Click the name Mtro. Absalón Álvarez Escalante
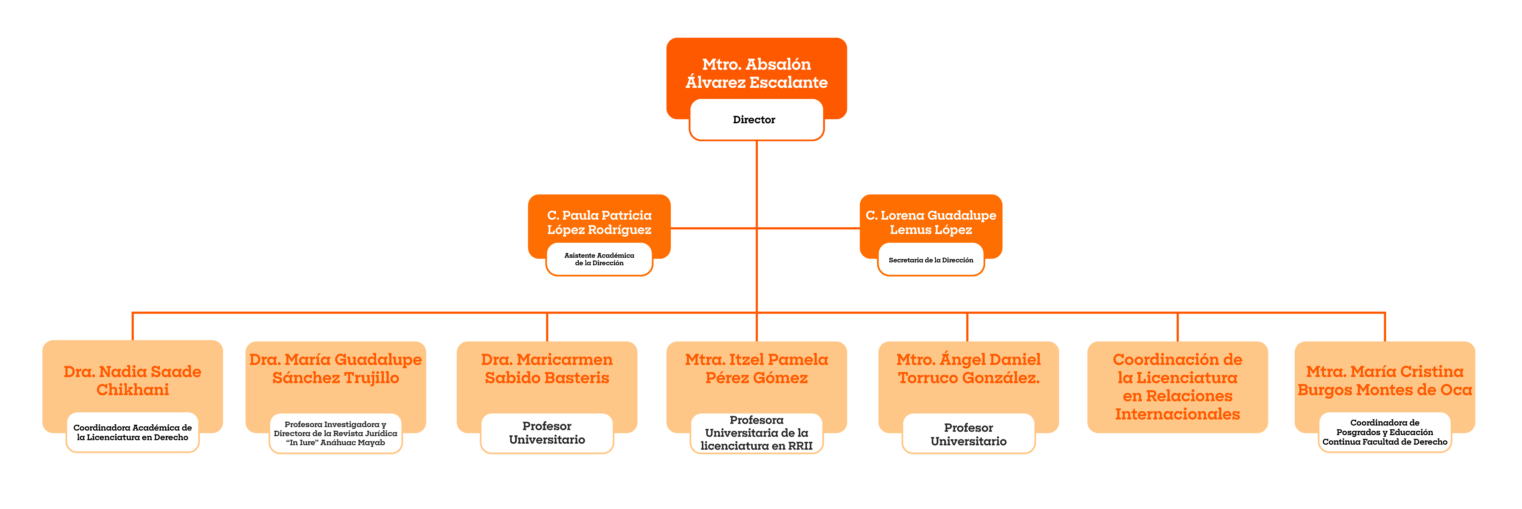coord(756,73)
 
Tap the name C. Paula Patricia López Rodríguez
coord(599,222)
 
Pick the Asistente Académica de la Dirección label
coord(599,259)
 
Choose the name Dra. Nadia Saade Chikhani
coord(132,381)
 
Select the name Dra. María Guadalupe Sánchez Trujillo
coord(336,368)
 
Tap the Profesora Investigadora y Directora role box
coord(336,433)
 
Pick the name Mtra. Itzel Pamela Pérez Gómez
coord(756,368)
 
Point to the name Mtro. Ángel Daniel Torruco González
coord(968,368)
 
